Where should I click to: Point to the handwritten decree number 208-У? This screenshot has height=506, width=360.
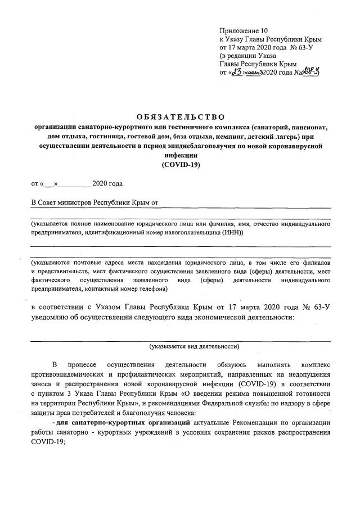coord(309,72)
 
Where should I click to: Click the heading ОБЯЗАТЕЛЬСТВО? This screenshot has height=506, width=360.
coord(180,116)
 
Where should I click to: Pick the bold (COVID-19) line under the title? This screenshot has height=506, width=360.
coord(181,165)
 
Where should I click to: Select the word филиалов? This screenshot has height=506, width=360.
coord(317,263)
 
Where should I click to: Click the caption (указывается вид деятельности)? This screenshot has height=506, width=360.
coord(194,346)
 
